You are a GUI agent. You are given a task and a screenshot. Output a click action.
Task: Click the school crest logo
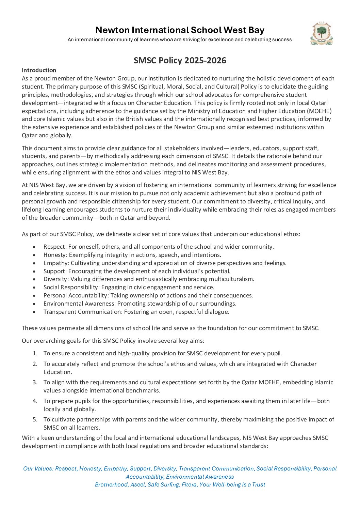322,34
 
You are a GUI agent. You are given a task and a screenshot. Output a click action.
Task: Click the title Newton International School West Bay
180,30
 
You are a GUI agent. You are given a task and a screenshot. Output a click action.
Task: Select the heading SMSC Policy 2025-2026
180,60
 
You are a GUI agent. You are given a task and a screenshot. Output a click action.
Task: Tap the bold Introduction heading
39,70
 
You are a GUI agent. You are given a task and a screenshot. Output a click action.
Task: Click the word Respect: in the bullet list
55,247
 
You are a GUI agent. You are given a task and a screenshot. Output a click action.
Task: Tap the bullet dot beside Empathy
34,263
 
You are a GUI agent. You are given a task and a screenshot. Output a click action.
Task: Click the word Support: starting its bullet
55,271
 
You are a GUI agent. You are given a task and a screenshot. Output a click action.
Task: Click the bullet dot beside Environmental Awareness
34,304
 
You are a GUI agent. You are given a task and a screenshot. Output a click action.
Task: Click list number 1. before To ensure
35,353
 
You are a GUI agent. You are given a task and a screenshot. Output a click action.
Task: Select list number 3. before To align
35,382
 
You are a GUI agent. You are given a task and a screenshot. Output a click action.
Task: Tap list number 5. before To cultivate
35,419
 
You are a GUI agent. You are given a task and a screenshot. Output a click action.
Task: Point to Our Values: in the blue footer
38,469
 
